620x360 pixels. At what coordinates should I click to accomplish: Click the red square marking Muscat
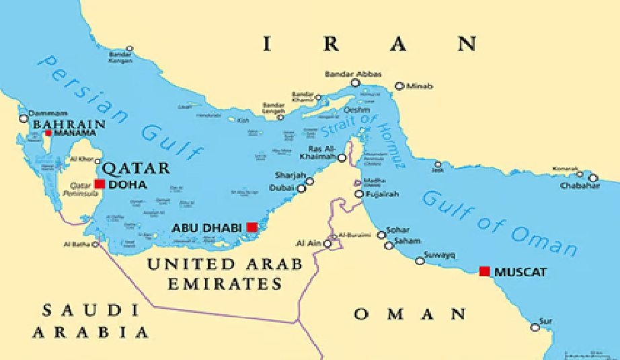(484, 271)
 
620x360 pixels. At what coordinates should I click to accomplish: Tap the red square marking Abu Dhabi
(252, 227)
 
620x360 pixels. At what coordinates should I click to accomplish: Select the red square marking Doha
(100, 184)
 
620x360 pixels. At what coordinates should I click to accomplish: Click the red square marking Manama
(48, 133)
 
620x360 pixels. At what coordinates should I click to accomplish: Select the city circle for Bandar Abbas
(355, 83)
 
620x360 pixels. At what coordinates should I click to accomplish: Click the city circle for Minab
(399, 86)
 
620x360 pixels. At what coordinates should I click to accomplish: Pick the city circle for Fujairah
(359, 194)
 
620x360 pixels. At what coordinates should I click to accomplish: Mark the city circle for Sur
(535, 327)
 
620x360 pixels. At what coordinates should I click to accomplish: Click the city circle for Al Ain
(327, 244)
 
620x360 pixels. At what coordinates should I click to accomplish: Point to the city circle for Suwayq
(420, 260)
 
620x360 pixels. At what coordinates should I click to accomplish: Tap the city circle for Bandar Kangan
(129, 49)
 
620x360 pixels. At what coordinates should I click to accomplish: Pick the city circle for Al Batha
(95, 244)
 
